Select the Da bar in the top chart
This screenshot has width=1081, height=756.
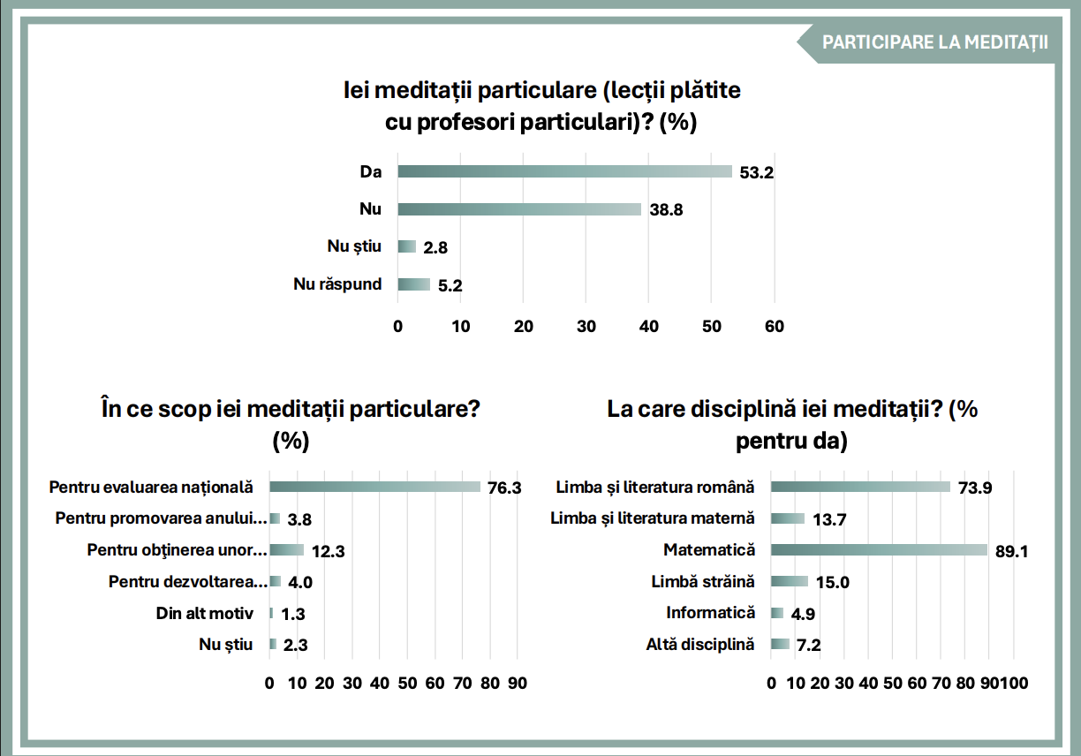point(564,171)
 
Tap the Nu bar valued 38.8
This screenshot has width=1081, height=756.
point(519,209)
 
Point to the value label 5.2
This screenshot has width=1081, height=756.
point(450,285)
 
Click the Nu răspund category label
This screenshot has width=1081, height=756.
point(337,284)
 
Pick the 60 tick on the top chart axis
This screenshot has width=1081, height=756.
point(775,327)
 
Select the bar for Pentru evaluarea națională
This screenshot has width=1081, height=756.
point(374,487)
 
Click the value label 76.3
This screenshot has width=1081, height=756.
point(504,488)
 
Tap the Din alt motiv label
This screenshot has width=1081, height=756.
point(205,613)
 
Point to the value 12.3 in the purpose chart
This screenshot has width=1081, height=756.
point(328,551)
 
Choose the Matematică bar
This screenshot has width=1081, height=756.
point(879,550)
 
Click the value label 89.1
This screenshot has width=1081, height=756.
point(1012,551)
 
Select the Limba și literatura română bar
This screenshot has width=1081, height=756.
point(860,487)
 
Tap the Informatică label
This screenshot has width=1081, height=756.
point(711,612)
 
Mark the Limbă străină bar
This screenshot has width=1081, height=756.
point(790,581)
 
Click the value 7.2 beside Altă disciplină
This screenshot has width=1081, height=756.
point(809,645)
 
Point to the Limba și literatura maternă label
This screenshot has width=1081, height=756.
point(653,518)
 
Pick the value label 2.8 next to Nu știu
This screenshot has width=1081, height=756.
point(435,248)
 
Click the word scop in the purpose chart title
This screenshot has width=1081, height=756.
point(185,411)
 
